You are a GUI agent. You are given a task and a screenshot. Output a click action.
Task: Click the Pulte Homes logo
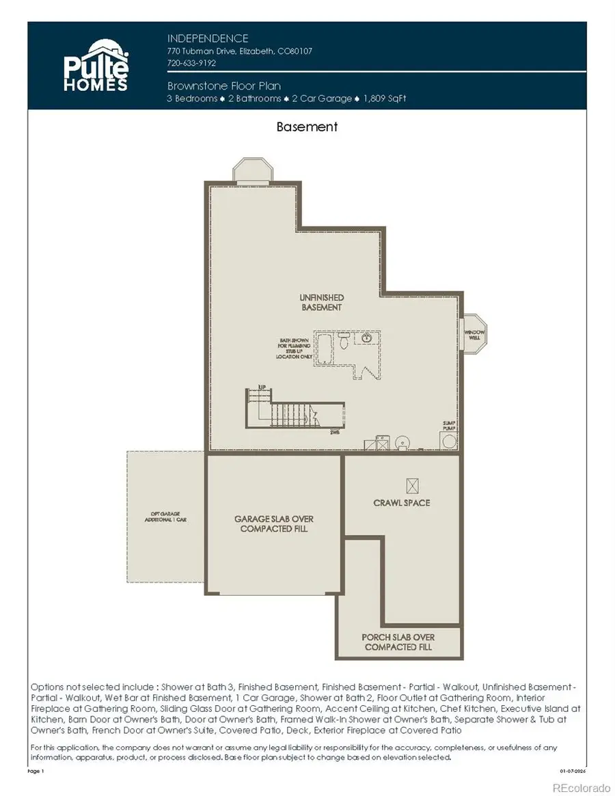[x=96, y=66]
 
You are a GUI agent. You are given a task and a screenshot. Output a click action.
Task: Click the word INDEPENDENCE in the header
[x=208, y=39]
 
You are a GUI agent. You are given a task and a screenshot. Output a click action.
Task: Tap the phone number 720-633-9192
[x=191, y=63]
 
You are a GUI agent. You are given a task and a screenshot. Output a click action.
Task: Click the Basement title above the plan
[x=307, y=126]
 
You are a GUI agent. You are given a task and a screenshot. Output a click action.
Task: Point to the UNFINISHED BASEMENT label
[x=322, y=303]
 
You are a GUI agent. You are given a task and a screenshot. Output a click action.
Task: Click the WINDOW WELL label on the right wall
[x=474, y=334]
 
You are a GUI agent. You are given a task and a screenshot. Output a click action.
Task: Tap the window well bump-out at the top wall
[x=254, y=170]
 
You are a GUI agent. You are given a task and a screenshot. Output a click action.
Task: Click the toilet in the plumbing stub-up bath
[x=343, y=338]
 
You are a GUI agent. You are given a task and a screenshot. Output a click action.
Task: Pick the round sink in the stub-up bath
[x=367, y=337]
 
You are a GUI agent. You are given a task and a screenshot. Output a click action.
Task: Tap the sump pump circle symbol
[x=448, y=441]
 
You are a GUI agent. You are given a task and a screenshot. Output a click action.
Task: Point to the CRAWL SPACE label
[x=402, y=503]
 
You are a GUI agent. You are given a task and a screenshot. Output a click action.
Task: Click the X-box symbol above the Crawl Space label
[x=411, y=486]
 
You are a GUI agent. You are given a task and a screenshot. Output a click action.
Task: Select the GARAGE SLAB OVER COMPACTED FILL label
[x=275, y=524]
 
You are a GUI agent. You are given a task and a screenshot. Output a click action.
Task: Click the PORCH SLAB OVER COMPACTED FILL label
[x=398, y=642]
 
